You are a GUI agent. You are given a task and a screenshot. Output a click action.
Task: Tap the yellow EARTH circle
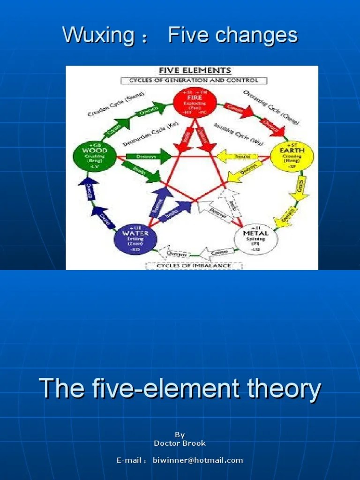click(292, 156)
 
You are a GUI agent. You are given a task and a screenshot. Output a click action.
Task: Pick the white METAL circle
click(255, 238)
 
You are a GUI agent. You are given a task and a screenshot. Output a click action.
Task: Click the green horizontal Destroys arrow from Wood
click(147, 157)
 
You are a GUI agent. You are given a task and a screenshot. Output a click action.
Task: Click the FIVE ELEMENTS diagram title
click(195, 71)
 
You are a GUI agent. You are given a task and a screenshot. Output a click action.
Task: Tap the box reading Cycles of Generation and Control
click(194, 80)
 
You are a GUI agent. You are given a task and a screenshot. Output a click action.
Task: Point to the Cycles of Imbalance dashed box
click(194, 266)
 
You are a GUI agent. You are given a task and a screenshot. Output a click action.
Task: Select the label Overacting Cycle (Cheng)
click(271, 107)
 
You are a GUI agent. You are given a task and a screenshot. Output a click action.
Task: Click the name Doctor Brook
click(180, 443)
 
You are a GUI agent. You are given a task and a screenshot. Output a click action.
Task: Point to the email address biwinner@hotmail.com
click(198, 460)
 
